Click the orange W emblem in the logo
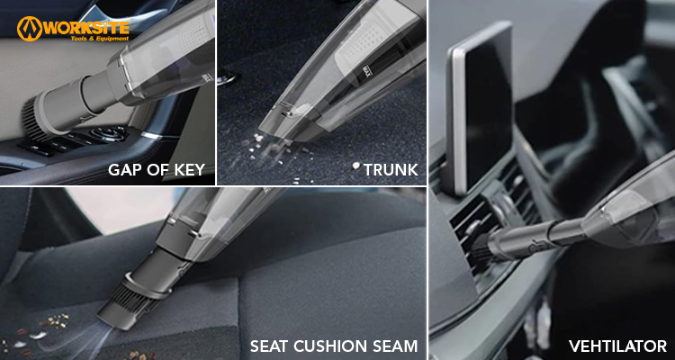(x=30, y=29)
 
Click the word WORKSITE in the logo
(x=86, y=28)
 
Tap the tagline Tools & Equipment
(x=100, y=39)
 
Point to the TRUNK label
(x=391, y=170)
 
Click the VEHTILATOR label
(x=617, y=346)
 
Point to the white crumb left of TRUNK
(x=355, y=166)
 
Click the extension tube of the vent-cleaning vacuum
(x=538, y=236)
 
